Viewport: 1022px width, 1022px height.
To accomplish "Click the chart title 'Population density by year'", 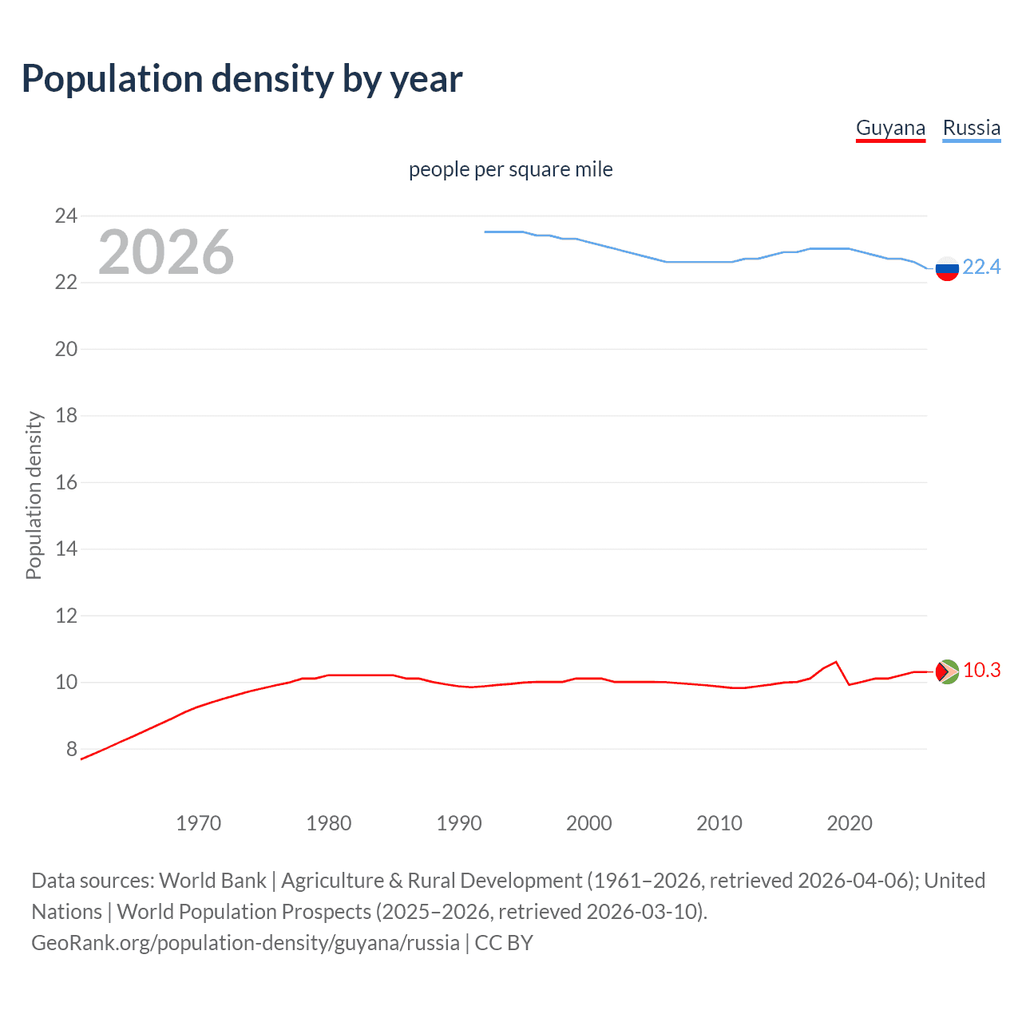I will coord(242,78).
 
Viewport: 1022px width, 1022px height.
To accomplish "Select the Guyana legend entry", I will coord(890,128).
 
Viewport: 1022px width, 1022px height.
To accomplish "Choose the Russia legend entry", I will coord(971,128).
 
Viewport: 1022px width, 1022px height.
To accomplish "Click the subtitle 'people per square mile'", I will coord(510,169).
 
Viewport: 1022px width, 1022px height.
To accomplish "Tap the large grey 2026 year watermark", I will coord(166,252).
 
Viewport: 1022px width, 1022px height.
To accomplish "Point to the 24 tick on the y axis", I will coord(65,216).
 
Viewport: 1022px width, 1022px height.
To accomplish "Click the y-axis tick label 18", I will coord(65,415).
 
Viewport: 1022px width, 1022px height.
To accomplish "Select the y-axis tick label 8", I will coord(71,749).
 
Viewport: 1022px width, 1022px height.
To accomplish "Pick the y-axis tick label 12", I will coord(65,616).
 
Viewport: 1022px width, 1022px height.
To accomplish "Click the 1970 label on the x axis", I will coord(198,823).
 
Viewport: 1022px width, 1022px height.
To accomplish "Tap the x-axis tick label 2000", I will coord(588,823).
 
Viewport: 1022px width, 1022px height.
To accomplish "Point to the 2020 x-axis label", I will coord(849,823).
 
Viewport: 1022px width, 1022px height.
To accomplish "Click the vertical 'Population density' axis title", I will coord(34,495).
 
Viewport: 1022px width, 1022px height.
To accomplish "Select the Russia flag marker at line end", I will coord(946,269).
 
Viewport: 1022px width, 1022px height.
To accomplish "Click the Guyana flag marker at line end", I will coord(946,671).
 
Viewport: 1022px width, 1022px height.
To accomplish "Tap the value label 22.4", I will coord(981,267).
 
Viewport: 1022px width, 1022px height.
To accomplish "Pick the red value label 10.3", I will coord(981,670).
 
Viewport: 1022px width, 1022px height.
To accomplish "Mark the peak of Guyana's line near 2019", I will coord(835,662).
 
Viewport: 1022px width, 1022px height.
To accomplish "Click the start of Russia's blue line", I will coord(485,232).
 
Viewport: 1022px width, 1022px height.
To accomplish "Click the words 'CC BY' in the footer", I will coord(504,943).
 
